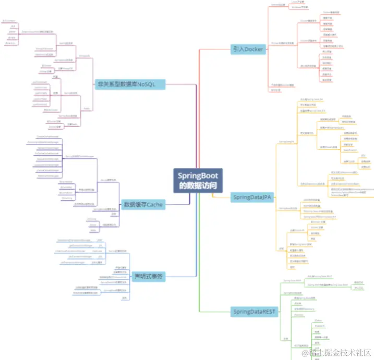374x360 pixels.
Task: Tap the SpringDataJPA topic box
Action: click(252, 197)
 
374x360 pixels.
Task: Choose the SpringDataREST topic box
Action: click(254, 312)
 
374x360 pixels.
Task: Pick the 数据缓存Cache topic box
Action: click(143, 205)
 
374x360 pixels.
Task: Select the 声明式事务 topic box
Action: click(149, 276)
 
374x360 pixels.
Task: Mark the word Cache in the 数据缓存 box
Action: click(154, 205)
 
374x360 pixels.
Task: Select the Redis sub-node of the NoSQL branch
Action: click(87, 108)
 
